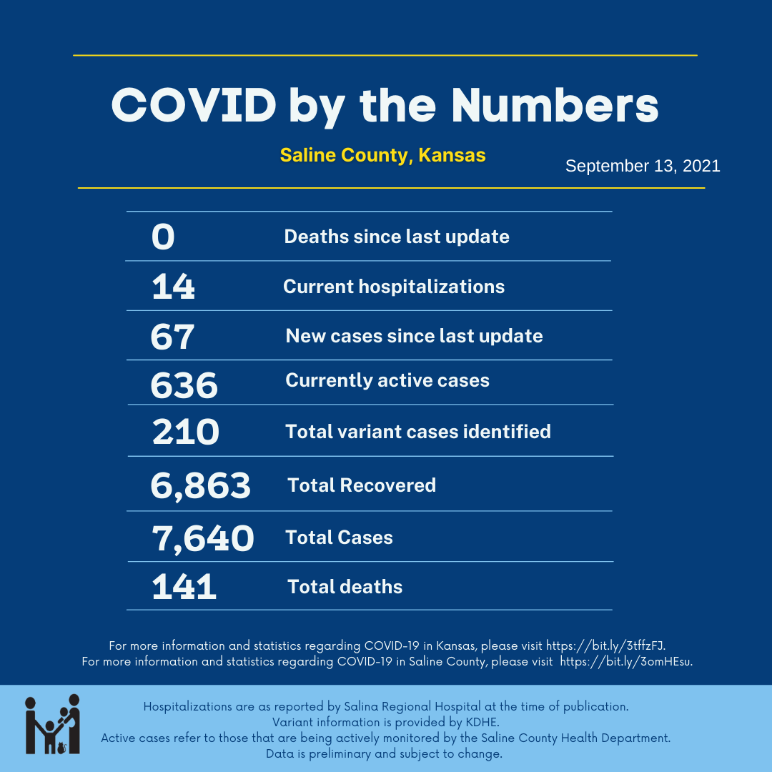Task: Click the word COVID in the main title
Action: [194, 105]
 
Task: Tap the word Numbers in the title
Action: [555, 105]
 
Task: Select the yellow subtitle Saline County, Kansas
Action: [382, 155]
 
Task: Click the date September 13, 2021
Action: [643, 167]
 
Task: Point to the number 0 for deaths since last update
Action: [163, 237]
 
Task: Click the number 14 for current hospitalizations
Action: [173, 287]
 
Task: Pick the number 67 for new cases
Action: [172, 337]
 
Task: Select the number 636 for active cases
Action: [184, 385]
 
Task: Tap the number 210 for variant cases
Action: [185, 432]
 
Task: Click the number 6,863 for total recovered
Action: [200, 486]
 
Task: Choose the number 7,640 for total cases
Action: [202, 538]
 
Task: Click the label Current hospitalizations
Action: [394, 287]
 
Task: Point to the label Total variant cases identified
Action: [418, 432]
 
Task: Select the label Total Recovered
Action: [362, 485]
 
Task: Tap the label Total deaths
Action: [345, 587]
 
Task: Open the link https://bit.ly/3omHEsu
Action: [625, 661]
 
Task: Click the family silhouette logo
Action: [52, 723]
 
